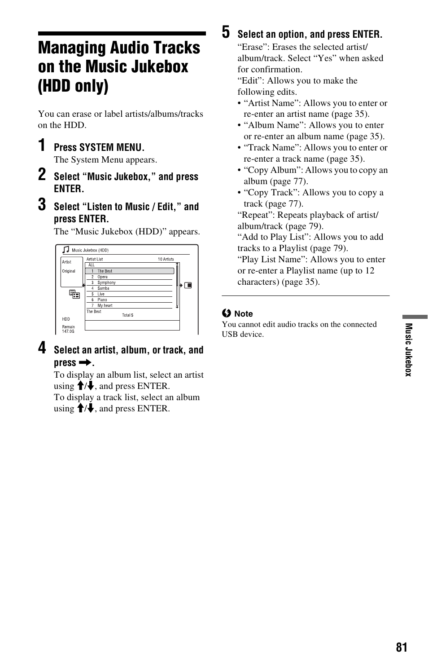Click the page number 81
[402, 647]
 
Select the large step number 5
[226, 32]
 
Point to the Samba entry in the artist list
[103, 288]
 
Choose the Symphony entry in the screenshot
[106, 282]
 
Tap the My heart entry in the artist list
[105, 305]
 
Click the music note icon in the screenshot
[66, 250]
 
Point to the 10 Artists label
[166, 259]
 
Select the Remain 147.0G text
[68, 329]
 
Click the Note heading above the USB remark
[244, 314]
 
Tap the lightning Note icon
[226, 313]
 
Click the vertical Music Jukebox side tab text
[408, 350]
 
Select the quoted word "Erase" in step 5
[252, 47]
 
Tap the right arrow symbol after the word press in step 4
[85, 363]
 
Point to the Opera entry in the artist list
[102, 277]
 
